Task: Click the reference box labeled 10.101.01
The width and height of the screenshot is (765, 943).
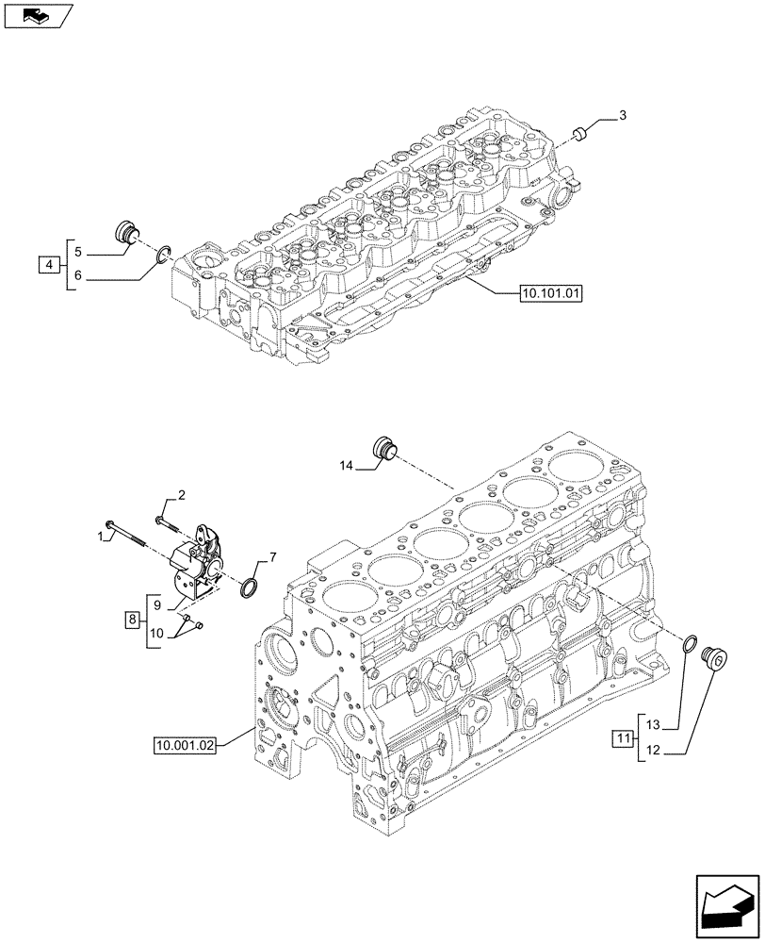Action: [551, 293]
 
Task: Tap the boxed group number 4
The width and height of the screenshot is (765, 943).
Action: [48, 264]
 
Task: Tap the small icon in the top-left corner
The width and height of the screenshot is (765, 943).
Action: [35, 15]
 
